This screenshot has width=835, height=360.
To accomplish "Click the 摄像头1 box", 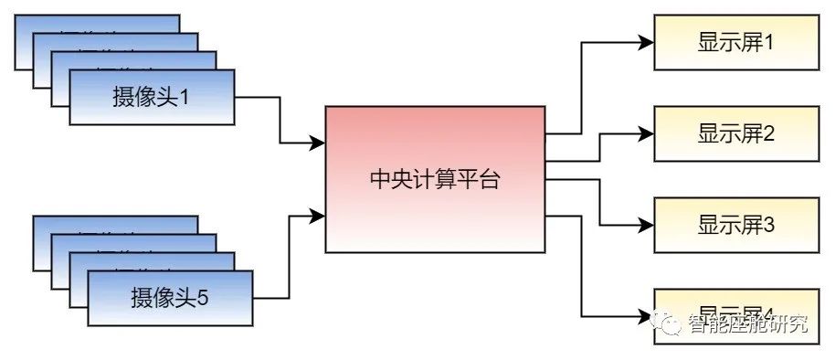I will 152,96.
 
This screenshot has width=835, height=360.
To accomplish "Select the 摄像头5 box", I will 170,297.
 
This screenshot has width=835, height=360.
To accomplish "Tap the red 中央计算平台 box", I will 435,178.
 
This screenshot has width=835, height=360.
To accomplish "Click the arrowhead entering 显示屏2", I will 646,133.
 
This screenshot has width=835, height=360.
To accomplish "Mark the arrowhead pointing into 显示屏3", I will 646,225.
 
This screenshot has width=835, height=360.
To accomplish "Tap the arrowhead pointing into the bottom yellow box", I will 646,315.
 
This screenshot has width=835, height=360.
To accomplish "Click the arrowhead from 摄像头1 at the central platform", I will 317,143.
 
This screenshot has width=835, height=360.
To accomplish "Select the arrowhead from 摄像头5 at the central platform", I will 317,216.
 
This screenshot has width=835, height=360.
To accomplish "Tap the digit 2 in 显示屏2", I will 768,134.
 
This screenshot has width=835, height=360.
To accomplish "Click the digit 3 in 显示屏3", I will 768,225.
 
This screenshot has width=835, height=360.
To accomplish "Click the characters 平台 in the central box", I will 484,179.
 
